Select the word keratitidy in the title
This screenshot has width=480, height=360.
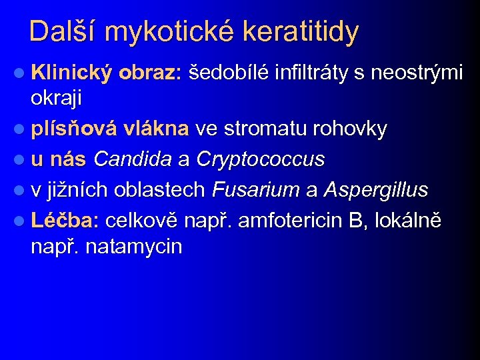click(x=304, y=32)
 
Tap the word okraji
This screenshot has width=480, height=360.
click(x=56, y=99)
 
